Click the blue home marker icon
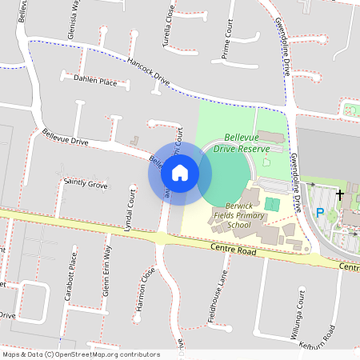pyautogui.click(x=180, y=172)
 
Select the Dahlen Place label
pyautogui.click(x=94, y=82)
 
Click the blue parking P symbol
pyautogui.click(x=320, y=213)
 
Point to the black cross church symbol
pyautogui.click(x=340, y=194)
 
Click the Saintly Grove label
pyautogui.click(x=86, y=185)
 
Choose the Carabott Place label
pyautogui.click(x=71, y=276)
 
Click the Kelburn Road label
pyautogui.click(x=318, y=335)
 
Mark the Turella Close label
pyautogui.click(x=169, y=25)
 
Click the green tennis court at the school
pyautogui.click(x=272, y=205)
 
